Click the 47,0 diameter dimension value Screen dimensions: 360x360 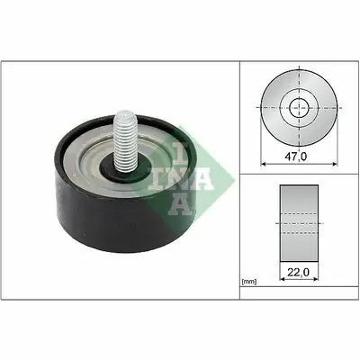[295, 157]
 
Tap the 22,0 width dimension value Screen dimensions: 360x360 [298, 272]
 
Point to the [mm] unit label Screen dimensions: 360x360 [249, 282]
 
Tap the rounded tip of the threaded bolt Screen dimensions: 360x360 [126, 113]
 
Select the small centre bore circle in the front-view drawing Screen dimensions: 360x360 [299, 108]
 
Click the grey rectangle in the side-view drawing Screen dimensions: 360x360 [299, 223]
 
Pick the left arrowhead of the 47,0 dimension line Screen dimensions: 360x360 [264, 164]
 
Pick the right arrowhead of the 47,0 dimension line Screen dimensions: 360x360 [335, 164]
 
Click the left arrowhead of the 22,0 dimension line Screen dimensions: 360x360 [283, 279]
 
